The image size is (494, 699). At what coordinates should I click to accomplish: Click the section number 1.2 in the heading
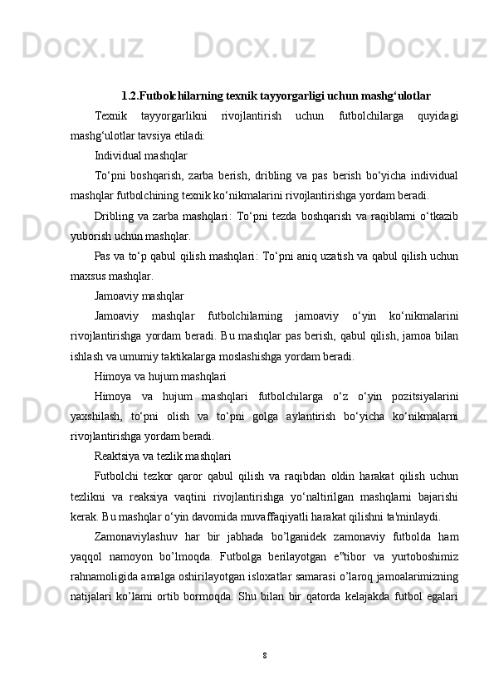pyautogui.click(x=130, y=95)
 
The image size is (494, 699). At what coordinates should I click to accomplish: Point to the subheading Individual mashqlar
pyautogui.click(x=140, y=155)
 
